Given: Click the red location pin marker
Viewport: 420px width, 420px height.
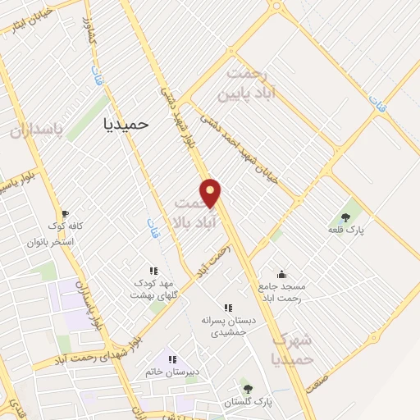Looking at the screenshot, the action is click(212, 194).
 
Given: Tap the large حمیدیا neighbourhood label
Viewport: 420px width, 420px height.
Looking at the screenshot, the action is click(127, 123).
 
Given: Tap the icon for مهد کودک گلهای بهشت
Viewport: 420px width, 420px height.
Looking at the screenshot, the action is click(153, 270).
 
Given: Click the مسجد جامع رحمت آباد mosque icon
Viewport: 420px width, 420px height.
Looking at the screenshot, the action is click(282, 274).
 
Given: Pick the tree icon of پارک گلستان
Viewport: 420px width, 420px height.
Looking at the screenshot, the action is click(247, 388).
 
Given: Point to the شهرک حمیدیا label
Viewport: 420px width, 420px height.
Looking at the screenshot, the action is click(293, 349).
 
